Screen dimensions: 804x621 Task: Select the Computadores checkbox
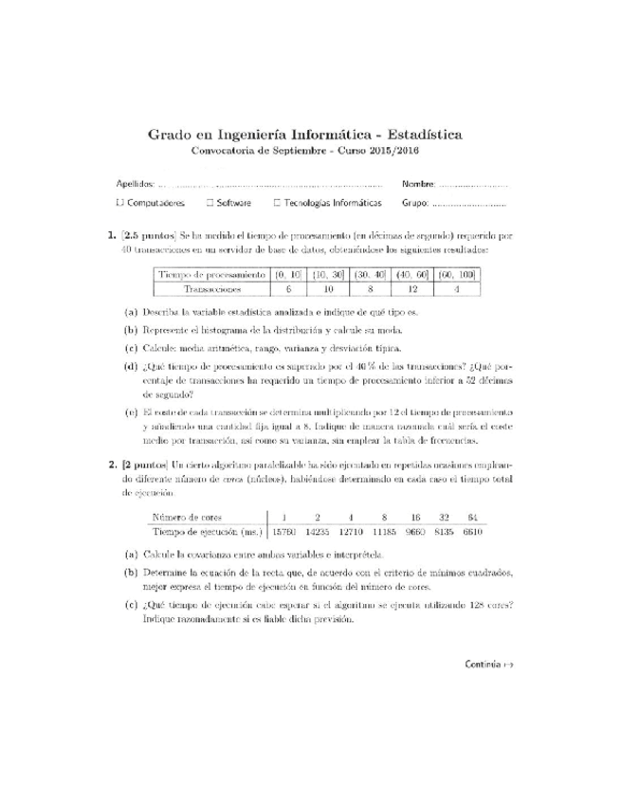coord(119,203)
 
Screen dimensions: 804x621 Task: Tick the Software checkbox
coord(210,203)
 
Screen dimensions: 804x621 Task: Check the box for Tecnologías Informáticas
coord(277,203)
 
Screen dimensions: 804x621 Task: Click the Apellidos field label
coord(135,184)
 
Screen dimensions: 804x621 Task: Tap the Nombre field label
coord(419,184)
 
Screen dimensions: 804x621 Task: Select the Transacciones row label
coord(212,290)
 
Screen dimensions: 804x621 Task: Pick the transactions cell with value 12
coord(412,290)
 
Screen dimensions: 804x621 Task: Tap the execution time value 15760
coord(286,533)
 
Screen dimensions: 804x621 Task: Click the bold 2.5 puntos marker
coord(148,233)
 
